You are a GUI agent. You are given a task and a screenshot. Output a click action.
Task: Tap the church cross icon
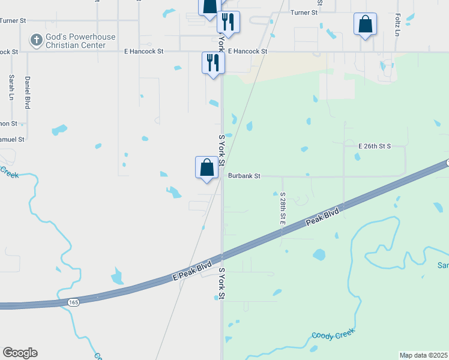click(x=36, y=41)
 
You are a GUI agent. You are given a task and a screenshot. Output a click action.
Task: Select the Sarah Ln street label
click(x=11, y=87)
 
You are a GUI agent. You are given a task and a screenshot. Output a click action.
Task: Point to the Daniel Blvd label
click(x=27, y=92)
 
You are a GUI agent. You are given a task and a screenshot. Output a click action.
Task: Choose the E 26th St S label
click(x=375, y=146)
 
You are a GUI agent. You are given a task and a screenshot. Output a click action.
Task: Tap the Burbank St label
click(x=244, y=176)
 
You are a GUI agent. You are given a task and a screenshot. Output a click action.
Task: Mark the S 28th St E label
click(x=282, y=209)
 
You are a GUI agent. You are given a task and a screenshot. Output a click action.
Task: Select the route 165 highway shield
click(x=73, y=302)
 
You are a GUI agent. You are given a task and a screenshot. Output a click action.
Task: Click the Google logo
click(x=20, y=353)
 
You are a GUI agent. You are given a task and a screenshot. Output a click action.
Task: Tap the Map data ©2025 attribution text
click(x=424, y=355)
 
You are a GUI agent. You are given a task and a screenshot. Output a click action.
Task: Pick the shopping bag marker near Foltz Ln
click(x=365, y=25)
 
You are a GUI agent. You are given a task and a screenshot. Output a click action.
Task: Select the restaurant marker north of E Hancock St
click(x=228, y=22)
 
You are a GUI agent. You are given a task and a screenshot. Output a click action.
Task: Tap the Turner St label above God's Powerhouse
click(x=13, y=20)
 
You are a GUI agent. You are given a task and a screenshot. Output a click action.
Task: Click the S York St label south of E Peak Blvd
click(x=221, y=284)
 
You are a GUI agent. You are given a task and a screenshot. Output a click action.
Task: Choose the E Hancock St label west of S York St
click(x=144, y=52)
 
